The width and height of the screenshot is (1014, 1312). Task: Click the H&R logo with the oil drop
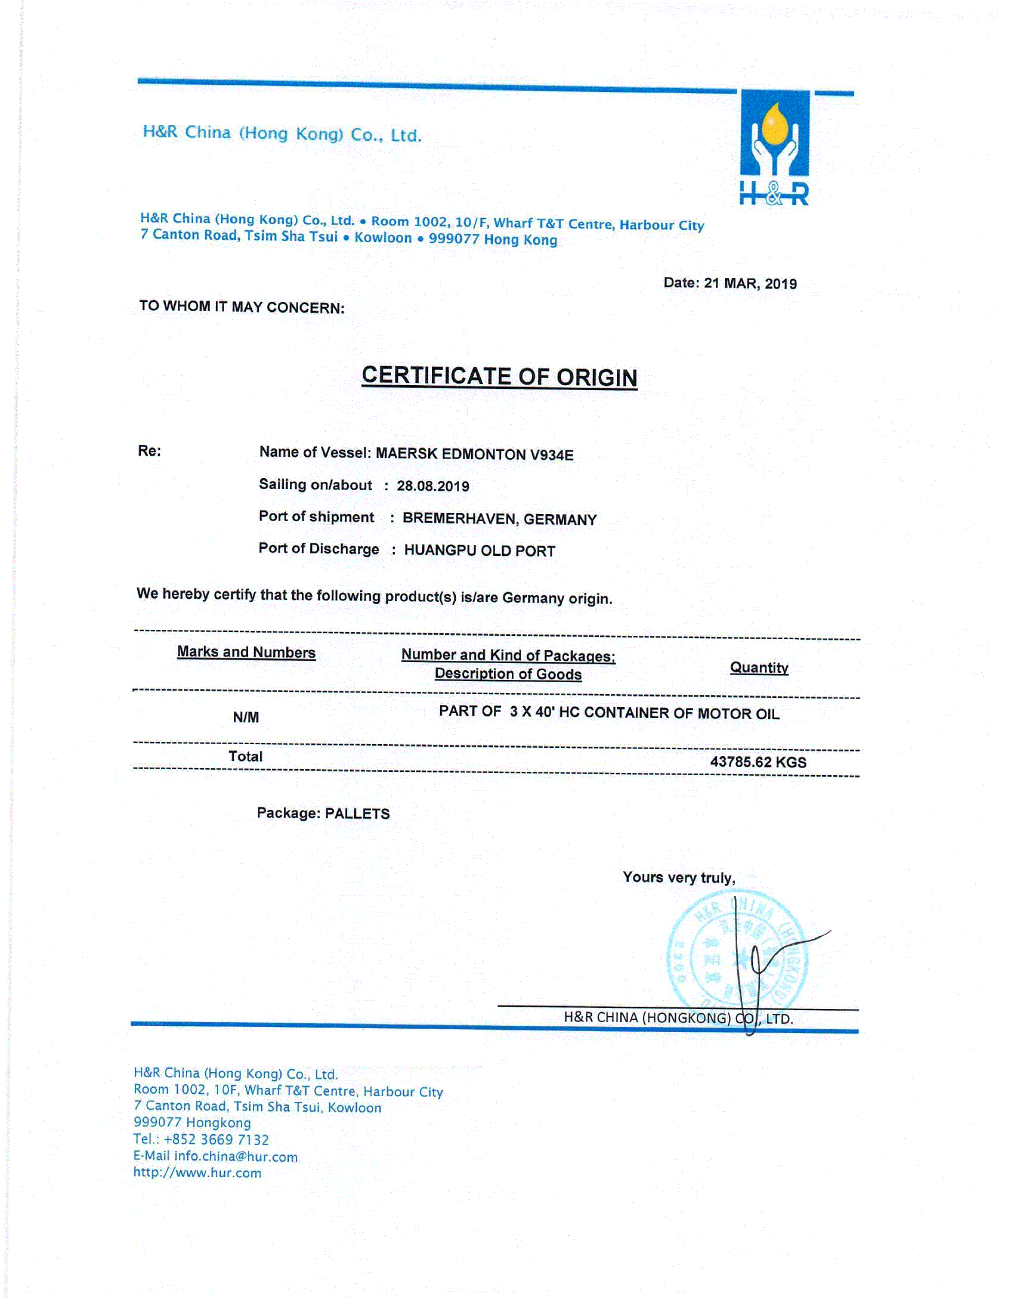click(774, 147)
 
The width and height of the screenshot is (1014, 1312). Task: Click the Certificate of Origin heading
click(499, 377)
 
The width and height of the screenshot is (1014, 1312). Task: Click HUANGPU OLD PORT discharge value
click(480, 551)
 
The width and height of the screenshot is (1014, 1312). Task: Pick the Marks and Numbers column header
click(246, 653)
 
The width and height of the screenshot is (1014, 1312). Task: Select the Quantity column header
click(759, 668)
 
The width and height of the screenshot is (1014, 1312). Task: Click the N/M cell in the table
click(246, 717)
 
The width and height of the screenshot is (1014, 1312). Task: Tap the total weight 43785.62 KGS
click(758, 762)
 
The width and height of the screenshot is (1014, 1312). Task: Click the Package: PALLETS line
click(323, 813)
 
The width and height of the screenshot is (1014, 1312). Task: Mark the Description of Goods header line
click(508, 674)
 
